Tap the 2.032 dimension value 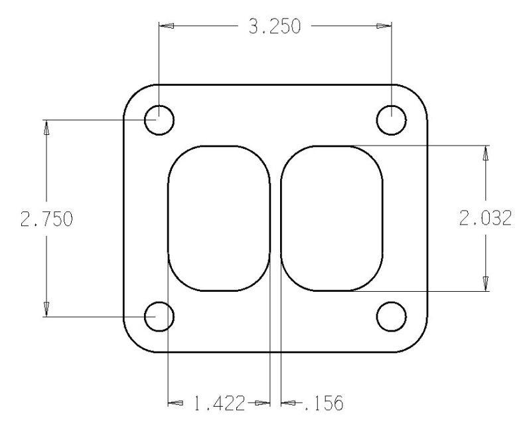485,219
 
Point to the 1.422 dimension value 218,403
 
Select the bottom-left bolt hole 159,316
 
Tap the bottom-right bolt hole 391,316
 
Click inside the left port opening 218,219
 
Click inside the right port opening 332,219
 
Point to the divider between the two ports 275,219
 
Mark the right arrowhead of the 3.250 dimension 384,27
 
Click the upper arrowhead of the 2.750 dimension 46,128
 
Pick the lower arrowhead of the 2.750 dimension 46,308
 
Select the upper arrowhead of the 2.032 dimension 486,154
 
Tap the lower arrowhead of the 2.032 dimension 486,283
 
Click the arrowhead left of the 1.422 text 175,403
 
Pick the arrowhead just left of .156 289,403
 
